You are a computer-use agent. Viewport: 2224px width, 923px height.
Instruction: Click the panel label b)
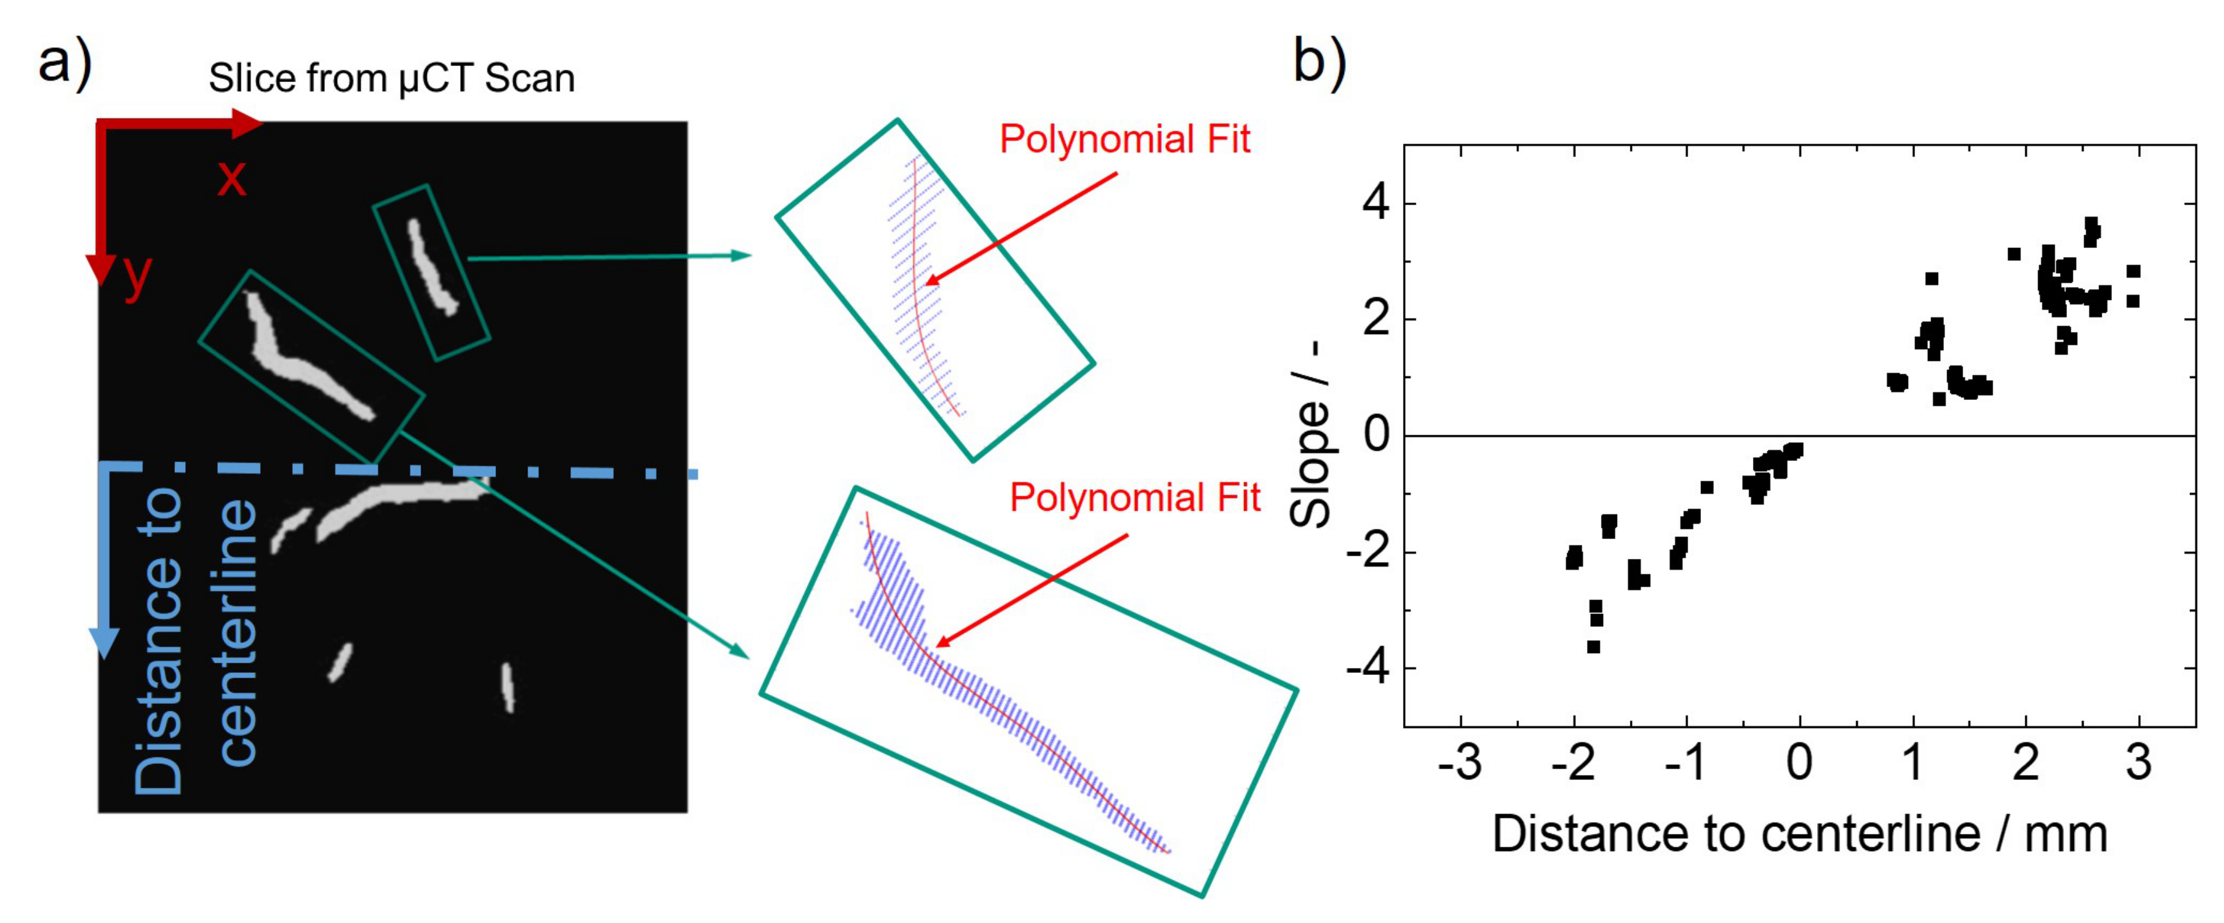1318,62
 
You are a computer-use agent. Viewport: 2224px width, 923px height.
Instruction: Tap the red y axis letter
137,276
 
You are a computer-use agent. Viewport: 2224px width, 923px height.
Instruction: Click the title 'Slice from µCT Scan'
391,79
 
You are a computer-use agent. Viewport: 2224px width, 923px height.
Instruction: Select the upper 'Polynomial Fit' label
1124,139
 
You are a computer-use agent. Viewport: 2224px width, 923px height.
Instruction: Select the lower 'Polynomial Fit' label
1134,497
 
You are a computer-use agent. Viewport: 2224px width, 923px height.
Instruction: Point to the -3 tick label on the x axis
1459,762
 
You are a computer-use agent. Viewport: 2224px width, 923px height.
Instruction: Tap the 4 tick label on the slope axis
1375,204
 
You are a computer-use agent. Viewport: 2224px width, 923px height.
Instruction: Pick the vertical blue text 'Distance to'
159,639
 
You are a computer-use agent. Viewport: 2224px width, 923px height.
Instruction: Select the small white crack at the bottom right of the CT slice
508,687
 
